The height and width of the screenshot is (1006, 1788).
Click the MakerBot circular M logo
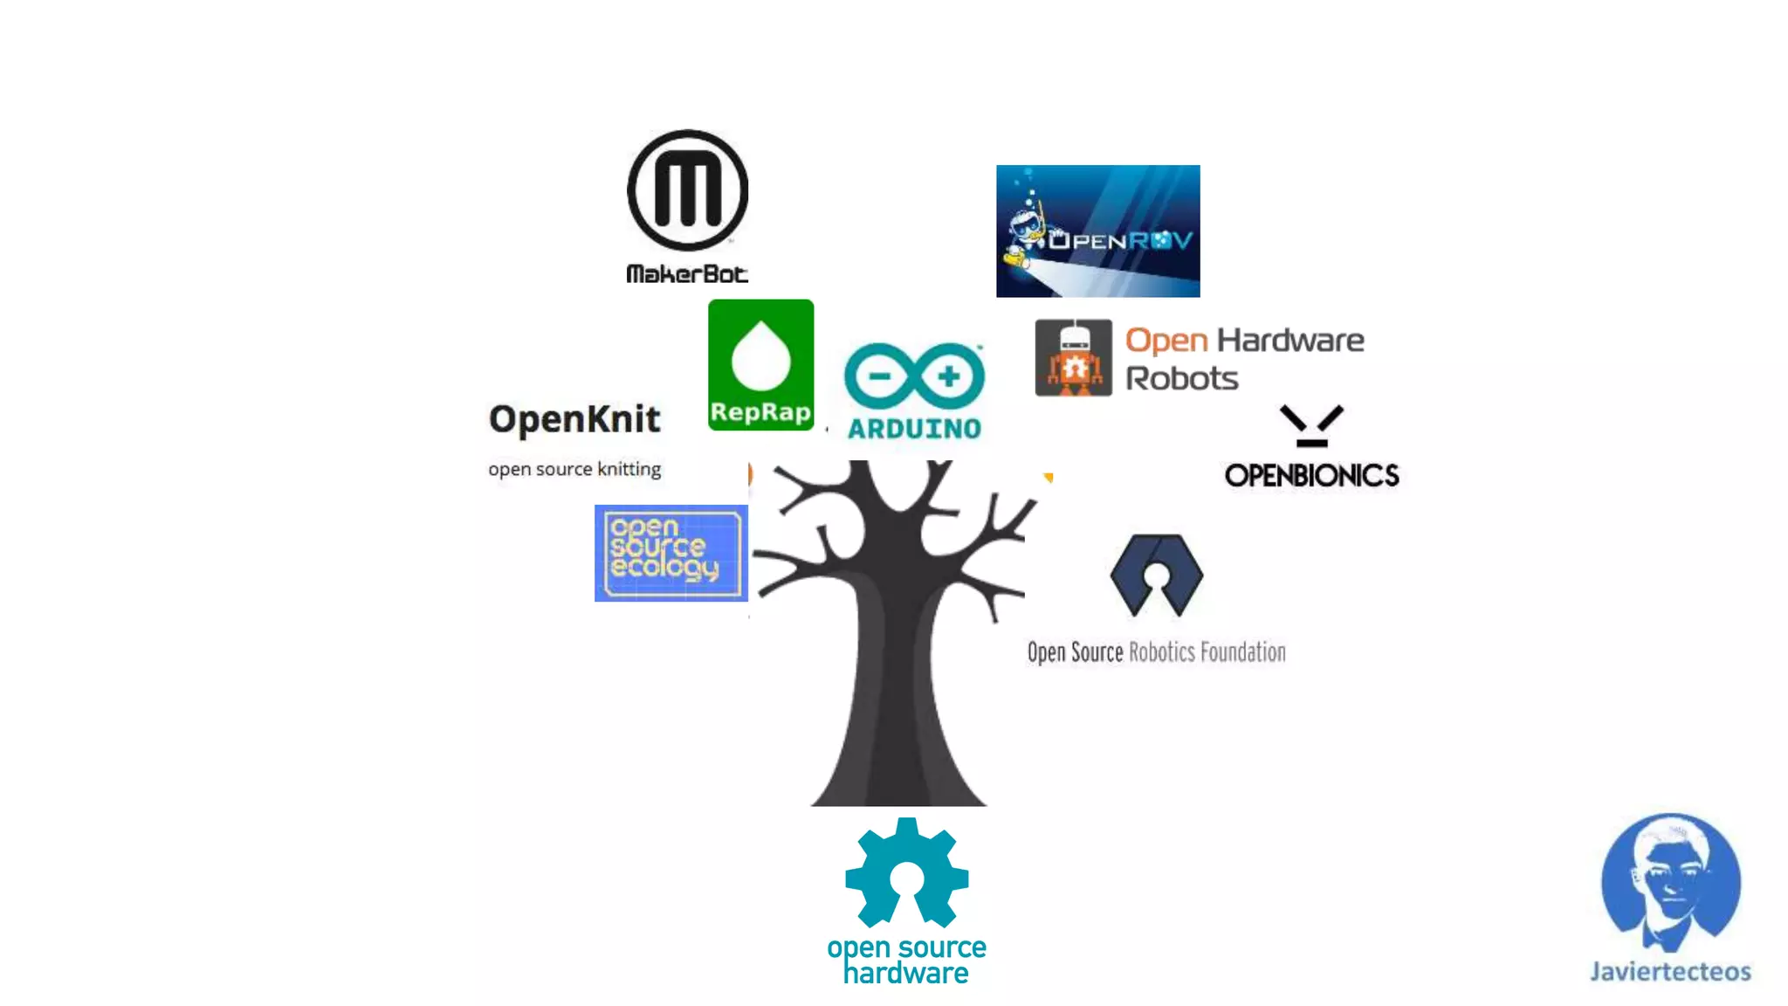point(687,190)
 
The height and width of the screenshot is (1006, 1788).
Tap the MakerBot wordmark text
point(687,274)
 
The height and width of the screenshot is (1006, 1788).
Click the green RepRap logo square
point(760,365)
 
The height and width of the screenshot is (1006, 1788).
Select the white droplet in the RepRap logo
point(760,355)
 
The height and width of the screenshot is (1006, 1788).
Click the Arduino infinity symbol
point(914,376)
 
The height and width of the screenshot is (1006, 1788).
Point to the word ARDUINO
point(914,429)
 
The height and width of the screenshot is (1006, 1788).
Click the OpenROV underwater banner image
point(1097,231)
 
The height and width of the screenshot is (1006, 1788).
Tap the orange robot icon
point(1073,358)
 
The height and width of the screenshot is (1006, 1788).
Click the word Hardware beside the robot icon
point(1289,340)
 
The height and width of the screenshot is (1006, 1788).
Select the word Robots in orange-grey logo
point(1181,379)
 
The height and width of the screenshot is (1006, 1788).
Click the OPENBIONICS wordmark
point(1311,476)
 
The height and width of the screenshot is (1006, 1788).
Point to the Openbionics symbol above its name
point(1311,425)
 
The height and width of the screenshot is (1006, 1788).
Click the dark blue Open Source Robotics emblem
point(1157,575)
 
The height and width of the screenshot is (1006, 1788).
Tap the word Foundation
point(1242,652)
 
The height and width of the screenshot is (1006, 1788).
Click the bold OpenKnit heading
point(574,419)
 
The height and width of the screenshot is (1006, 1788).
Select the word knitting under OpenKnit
point(629,470)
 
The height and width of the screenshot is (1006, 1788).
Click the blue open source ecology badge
point(670,553)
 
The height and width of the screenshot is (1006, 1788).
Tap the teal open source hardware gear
point(906,873)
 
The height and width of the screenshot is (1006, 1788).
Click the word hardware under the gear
point(905,974)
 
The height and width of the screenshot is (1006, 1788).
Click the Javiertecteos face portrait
point(1670,882)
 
